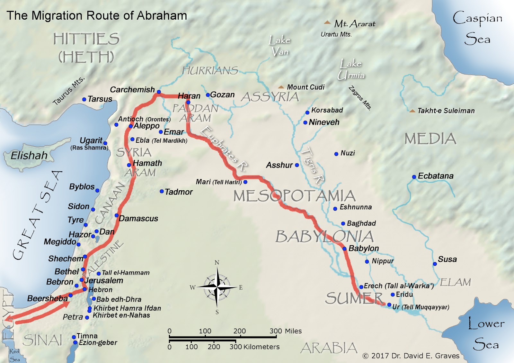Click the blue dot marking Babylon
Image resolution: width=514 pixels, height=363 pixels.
click(344, 249)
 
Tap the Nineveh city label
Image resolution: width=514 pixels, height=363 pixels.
click(324, 122)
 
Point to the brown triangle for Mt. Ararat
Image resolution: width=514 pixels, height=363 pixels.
click(327, 23)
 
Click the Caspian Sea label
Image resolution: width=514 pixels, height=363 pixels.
click(477, 28)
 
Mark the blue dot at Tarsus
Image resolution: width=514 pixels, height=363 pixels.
click(84, 99)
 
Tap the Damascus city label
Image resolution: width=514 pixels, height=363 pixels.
click(138, 219)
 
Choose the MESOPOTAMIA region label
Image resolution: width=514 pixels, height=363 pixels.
click(294, 196)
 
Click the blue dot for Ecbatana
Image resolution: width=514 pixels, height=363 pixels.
click(414, 177)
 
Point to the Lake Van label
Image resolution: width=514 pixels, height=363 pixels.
click(279, 45)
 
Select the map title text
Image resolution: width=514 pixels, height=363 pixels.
click(97, 15)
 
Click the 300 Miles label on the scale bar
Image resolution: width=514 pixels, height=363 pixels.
click(286, 331)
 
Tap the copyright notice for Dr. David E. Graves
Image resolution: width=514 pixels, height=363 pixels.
click(411, 356)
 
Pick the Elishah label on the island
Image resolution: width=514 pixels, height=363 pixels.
click(29, 156)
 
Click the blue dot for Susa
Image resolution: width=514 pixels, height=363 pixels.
click(435, 264)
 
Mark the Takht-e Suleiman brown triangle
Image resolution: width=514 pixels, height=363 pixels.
click(412, 111)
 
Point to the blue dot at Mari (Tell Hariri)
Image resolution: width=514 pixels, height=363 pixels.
click(245, 182)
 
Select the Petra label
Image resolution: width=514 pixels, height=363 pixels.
click(73, 317)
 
